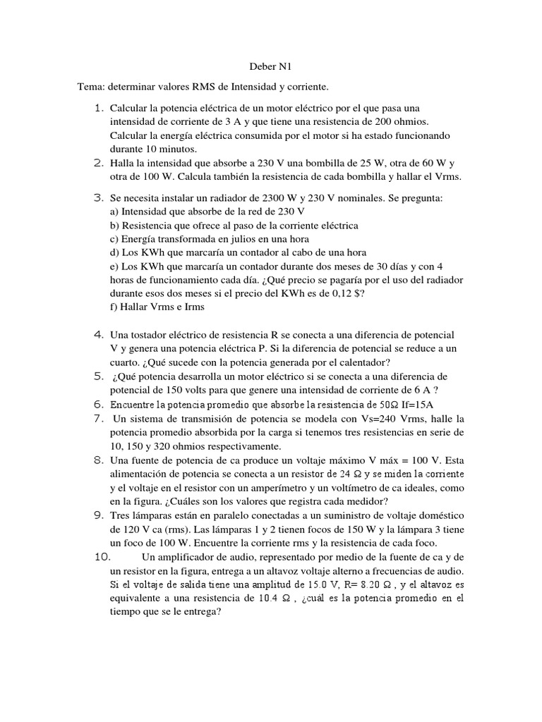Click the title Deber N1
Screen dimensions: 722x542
tap(270, 67)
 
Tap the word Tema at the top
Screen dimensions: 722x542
tap(91, 87)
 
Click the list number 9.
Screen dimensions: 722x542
tap(99, 515)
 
